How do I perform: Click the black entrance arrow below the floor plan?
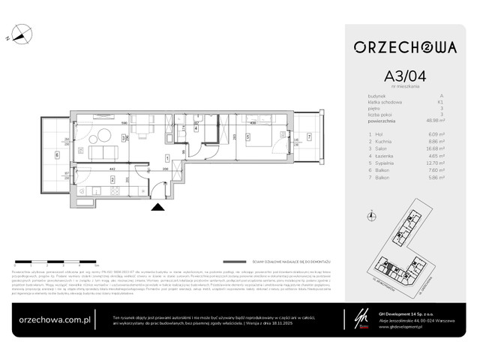tap(157, 208)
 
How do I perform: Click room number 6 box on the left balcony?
tap(58, 156)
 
